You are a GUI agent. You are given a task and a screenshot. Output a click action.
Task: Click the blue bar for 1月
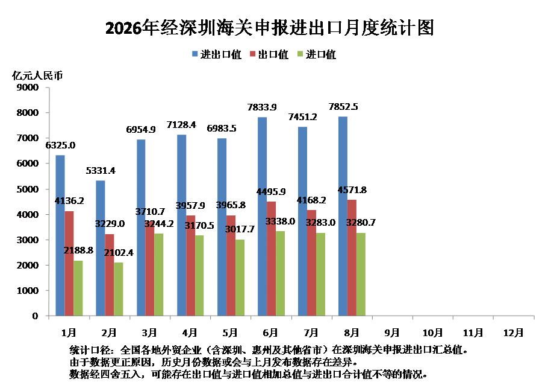pyautogui.click(x=60, y=235)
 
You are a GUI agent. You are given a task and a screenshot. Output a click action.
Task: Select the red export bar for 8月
pyautogui.click(x=352, y=258)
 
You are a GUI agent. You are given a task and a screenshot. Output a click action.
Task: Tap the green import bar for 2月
pyautogui.click(x=119, y=289)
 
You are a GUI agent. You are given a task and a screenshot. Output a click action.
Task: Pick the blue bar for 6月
pyautogui.click(x=262, y=216)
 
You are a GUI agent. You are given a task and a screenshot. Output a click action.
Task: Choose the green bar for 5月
pyautogui.click(x=240, y=278)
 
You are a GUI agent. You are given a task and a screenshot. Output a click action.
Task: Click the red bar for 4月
pyautogui.click(x=191, y=266)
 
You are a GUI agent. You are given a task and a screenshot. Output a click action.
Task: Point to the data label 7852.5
pyautogui.click(x=343, y=107)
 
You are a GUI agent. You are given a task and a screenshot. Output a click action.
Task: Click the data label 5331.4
pyautogui.click(x=101, y=171)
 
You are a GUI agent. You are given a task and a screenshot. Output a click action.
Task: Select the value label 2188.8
pyautogui.click(x=78, y=250)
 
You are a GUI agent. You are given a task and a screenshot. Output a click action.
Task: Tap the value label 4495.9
pyautogui.click(x=271, y=191)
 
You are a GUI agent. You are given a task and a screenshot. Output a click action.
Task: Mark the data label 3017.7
pyautogui.click(x=240, y=229)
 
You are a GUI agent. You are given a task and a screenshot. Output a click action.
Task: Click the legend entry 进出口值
pyautogui.click(x=217, y=54)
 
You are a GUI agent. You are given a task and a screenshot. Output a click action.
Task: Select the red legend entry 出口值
pyautogui.click(x=269, y=54)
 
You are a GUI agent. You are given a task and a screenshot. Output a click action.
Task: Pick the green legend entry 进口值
pyautogui.click(x=317, y=54)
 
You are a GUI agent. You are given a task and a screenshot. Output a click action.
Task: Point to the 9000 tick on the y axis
pyautogui.click(x=28, y=87)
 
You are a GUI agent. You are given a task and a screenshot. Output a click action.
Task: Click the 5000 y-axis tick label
pyautogui.click(x=28, y=189)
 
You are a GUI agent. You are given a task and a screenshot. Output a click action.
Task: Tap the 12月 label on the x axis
pyautogui.click(x=514, y=333)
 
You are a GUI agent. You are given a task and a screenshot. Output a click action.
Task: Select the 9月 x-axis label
pyautogui.click(x=392, y=333)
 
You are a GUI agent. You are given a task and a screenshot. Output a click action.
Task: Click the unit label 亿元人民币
pyautogui.click(x=37, y=75)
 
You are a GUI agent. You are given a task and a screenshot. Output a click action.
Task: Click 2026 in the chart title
pyautogui.click(x=123, y=28)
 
